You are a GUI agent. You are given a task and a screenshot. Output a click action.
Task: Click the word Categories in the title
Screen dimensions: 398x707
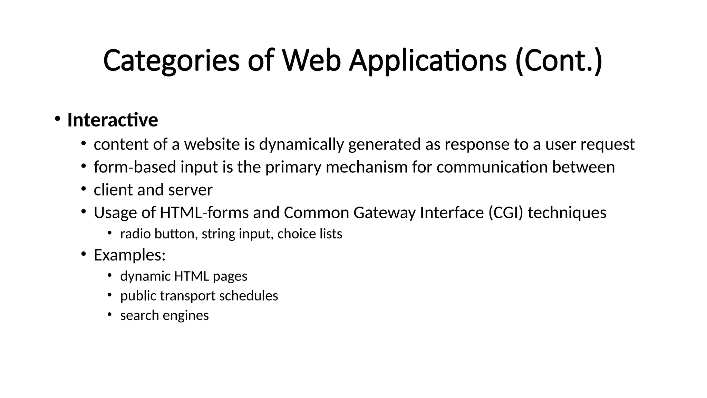point(171,61)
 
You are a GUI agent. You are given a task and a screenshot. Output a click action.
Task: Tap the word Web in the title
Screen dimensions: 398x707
point(311,61)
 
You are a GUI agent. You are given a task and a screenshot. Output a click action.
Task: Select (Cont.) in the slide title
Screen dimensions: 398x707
point(559,61)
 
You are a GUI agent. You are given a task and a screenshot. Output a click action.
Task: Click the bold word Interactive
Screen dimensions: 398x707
point(113,120)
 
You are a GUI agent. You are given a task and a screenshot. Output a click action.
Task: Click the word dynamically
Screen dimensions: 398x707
point(301,144)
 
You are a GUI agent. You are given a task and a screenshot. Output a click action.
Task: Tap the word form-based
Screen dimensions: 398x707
point(135,167)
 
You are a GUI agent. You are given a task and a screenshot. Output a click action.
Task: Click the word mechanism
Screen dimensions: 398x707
point(367,167)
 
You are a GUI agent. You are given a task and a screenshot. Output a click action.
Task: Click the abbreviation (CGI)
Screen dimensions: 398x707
point(506,212)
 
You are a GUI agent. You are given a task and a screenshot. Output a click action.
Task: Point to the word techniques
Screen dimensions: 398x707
point(567,212)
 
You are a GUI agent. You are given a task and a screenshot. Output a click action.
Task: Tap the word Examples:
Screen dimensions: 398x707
point(130,255)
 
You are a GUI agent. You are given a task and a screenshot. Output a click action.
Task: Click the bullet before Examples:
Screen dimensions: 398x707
point(83,254)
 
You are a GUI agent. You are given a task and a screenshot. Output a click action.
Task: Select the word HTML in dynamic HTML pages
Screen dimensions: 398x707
point(192,276)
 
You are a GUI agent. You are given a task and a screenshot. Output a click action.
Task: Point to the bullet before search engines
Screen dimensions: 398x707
point(109,314)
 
